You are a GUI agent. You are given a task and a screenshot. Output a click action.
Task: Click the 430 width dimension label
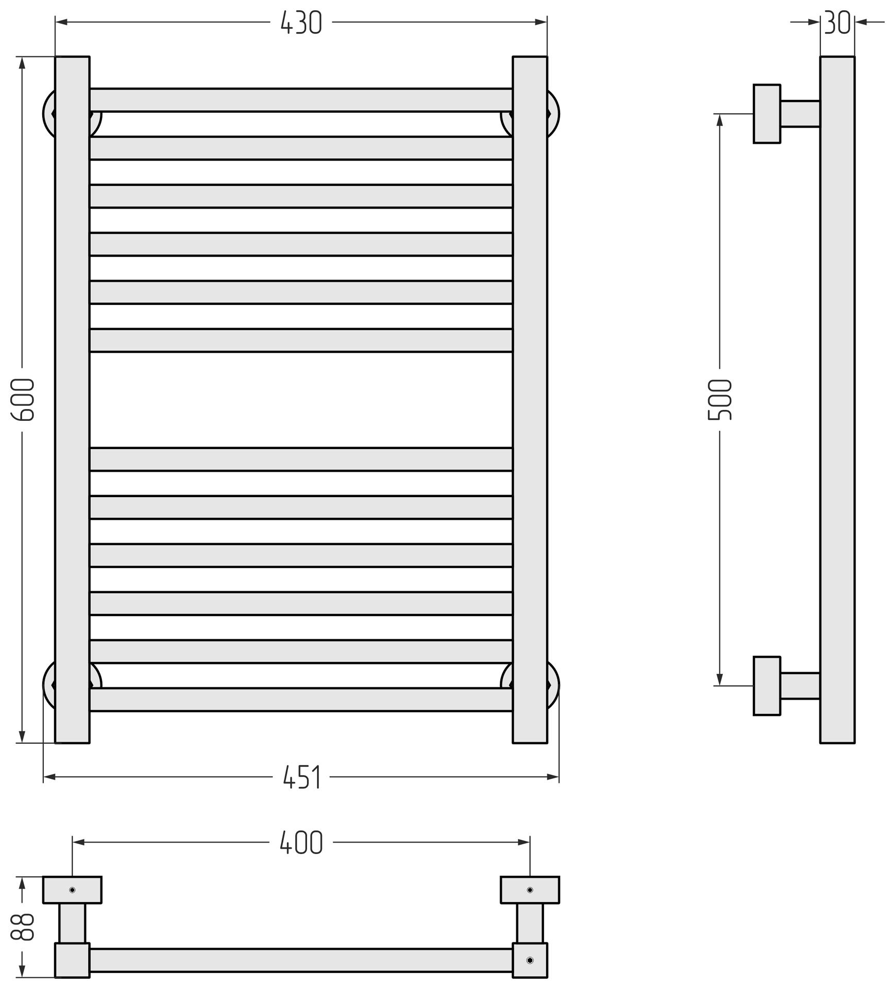coord(301,23)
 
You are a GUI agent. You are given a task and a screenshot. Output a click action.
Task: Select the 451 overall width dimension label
coord(302,777)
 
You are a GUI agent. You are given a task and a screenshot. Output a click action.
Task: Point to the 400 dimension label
coord(301,842)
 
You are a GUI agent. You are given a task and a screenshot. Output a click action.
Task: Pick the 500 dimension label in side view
coord(720,400)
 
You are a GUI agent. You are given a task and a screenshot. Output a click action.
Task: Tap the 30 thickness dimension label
coord(837,23)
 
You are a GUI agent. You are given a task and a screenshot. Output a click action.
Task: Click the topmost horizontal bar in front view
coord(301,100)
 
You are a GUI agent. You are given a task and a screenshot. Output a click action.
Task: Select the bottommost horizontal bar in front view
coord(301,700)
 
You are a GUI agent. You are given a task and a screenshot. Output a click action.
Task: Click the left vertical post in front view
coord(73,400)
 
